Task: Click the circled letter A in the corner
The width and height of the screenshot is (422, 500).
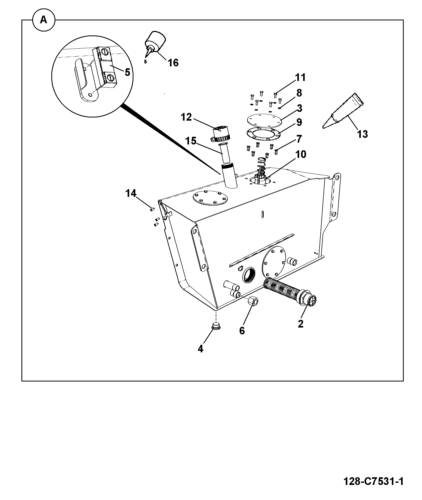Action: [x=43, y=20]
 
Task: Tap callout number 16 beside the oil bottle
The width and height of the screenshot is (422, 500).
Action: [x=173, y=63]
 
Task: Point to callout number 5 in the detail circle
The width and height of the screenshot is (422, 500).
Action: [x=127, y=72]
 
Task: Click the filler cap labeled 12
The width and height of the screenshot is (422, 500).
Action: [x=222, y=135]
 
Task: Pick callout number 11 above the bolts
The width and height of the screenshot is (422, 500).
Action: [x=300, y=78]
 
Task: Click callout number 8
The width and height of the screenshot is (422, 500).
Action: [x=299, y=93]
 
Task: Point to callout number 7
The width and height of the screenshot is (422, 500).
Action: [x=299, y=139]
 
